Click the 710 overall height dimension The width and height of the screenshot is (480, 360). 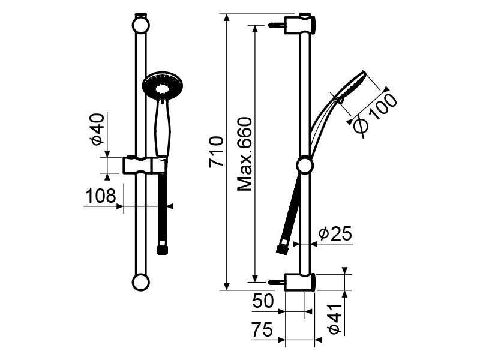pyautogui.click(x=216, y=152)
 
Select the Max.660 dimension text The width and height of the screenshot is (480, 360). pyautogui.click(x=245, y=154)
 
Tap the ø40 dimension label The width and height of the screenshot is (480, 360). pyautogui.click(x=97, y=129)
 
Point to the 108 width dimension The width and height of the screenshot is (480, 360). pyautogui.click(x=100, y=196)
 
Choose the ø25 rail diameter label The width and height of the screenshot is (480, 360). pyautogui.click(x=335, y=234)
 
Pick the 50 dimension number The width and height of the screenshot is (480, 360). pyautogui.click(x=263, y=301)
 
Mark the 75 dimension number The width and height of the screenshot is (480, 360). pyautogui.click(x=262, y=329)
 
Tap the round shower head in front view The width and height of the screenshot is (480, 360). pyautogui.click(x=162, y=86)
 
